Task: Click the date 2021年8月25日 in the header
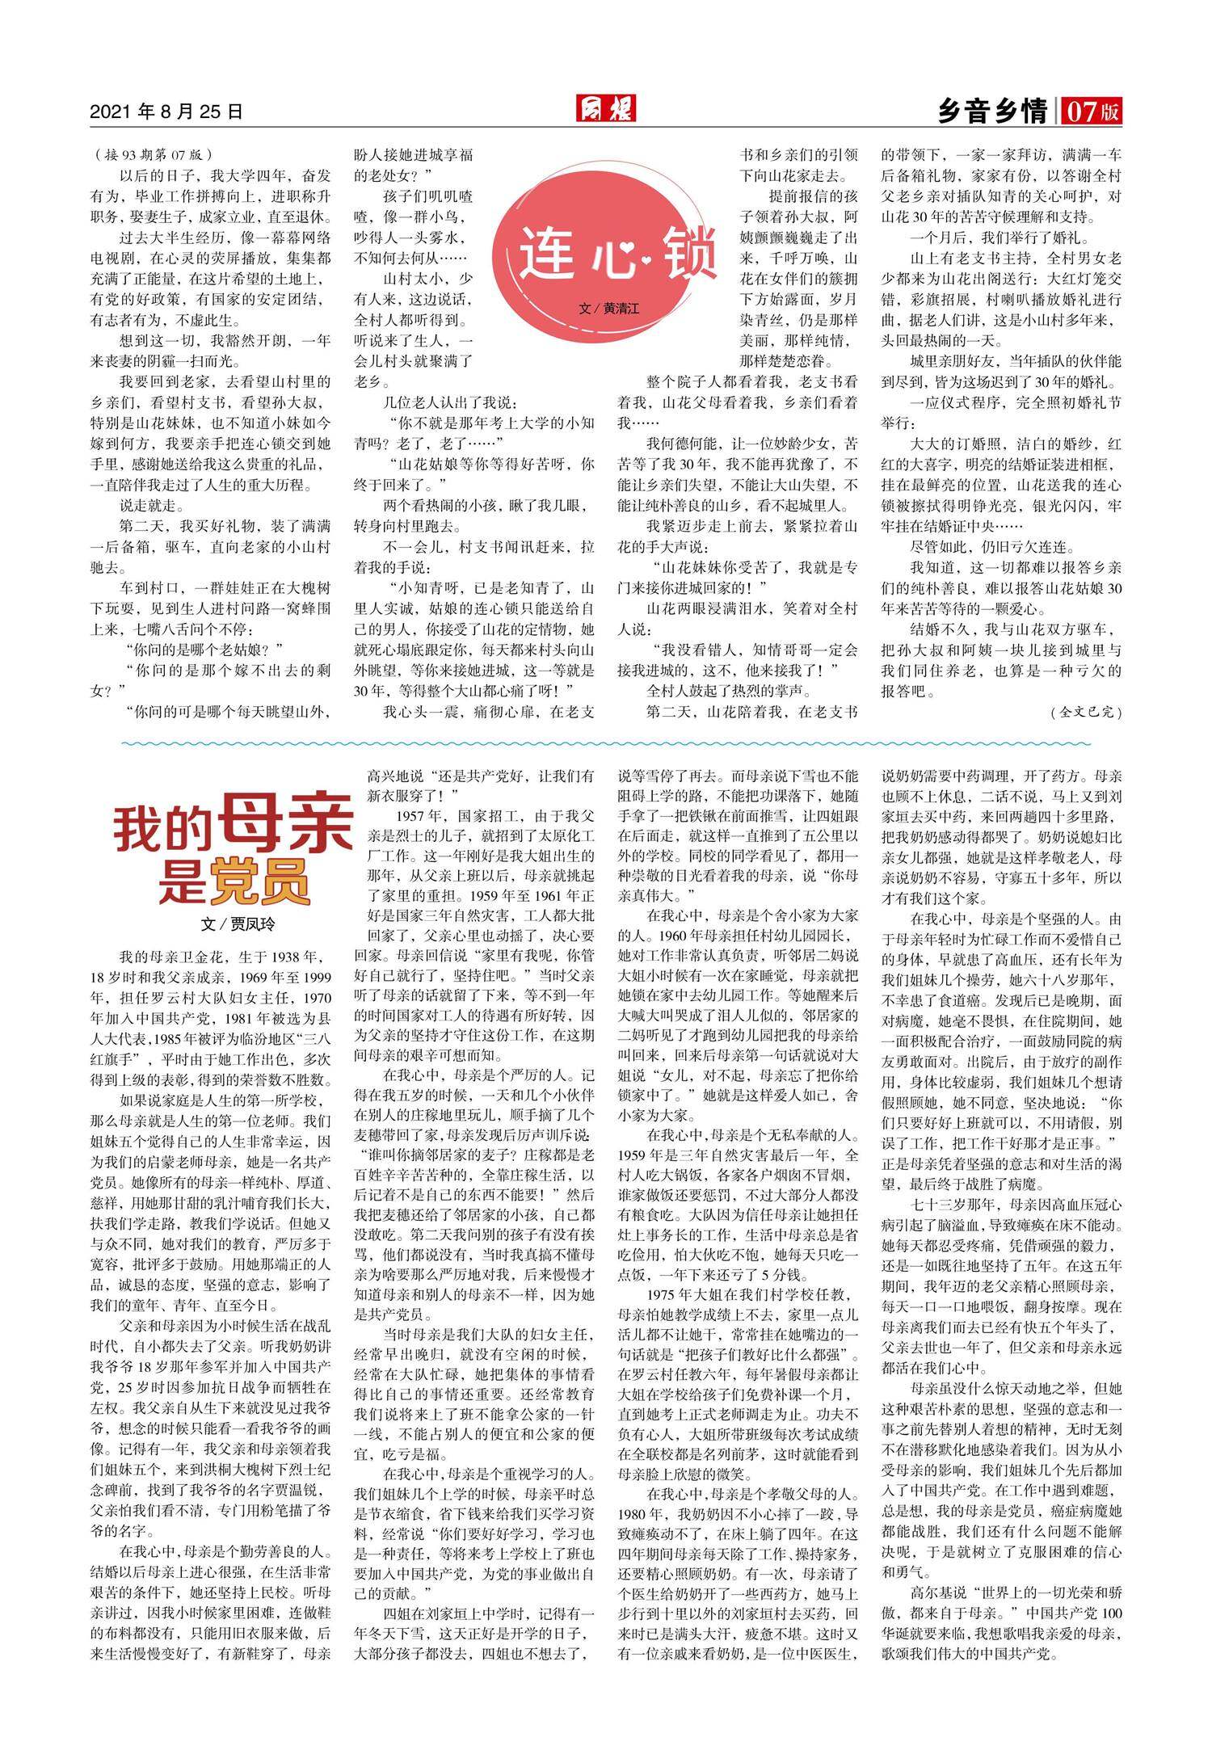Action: click(166, 111)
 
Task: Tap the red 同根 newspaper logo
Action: click(606, 108)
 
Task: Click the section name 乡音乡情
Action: click(992, 111)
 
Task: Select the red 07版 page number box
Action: click(1092, 111)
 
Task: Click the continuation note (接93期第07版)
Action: click(153, 154)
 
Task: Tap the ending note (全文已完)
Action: click(1087, 712)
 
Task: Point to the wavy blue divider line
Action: click(606, 742)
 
